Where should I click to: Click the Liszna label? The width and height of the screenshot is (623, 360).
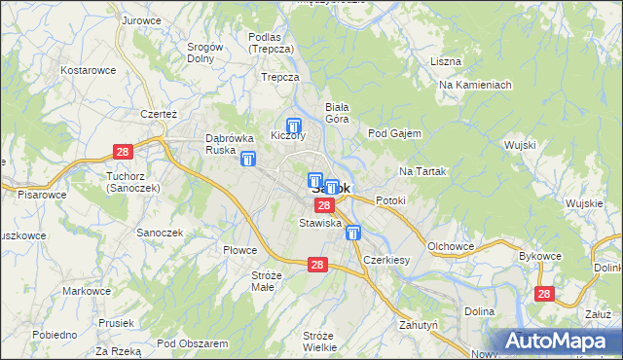[x=445, y=61]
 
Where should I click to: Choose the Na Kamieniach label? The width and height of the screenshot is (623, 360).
[x=475, y=85]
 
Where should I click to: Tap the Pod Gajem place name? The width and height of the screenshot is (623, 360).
[x=394, y=133]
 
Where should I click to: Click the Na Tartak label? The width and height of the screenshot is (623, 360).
[x=422, y=171]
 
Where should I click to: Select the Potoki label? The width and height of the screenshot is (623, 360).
[x=389, y=200]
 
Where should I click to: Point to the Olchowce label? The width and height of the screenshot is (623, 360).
[x=450, y=246]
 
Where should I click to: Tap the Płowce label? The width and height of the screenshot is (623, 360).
[x=239, y=250]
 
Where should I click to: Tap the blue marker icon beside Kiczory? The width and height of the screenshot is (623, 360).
[x=294, y=126]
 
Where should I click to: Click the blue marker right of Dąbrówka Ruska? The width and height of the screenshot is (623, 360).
[x=249, y=159]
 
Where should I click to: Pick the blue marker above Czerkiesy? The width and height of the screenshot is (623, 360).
[x=353, y=233]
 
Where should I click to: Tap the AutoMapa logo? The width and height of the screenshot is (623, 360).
[x=560, y=341]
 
